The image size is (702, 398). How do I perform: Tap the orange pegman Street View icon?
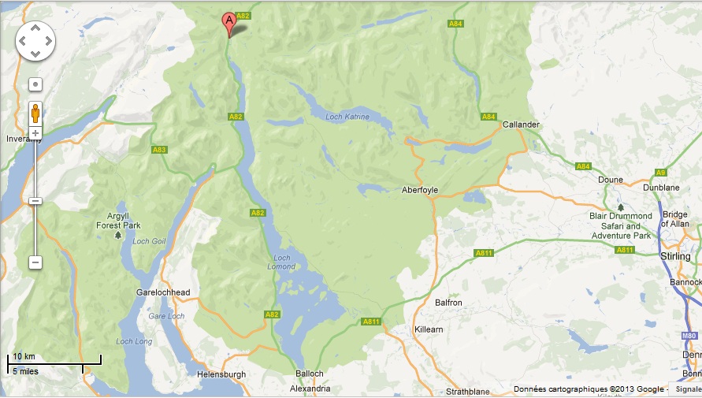pyautogui.click(x=35, y=113)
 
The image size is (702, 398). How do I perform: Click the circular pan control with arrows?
pyautogui.click(x=35, y=40)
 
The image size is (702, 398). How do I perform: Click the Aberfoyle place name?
pyautogui.click(x=419, y=190)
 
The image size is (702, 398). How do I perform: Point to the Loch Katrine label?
pyautogui.click(x=346, y=117)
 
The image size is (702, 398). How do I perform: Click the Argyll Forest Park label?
pyautogui.click(x=117, y=220)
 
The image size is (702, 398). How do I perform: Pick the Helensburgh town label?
pyautogui.click(x=221, y=374)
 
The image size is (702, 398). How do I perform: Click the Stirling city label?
pyautogui.click(x=674, y=257)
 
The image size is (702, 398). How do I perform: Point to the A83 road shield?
pyautogui.click(x=159, y=149)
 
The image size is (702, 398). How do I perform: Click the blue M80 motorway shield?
pyautogui.click(x=687, y=336)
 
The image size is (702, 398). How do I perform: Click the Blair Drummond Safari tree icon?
pyautogui.click(x=620, y=206)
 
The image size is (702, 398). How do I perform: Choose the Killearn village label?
pyautogui.click(x=431, y=329)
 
